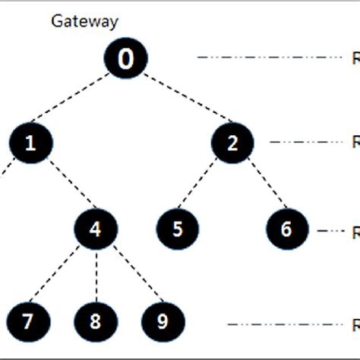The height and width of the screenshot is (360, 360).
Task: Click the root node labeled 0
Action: (126, 59)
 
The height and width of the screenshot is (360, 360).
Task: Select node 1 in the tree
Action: (30, 143)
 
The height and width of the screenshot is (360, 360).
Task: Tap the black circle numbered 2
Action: (232, 143)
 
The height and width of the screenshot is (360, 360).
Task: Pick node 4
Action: (96, 229)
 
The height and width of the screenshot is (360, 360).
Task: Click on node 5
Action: (177, 229)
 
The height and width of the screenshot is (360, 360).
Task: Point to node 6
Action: (286, 229)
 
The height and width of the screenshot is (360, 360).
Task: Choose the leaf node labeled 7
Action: (27, 321)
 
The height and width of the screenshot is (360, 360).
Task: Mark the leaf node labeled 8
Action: (95, 321)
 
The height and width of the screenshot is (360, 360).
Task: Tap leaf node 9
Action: (162, 321)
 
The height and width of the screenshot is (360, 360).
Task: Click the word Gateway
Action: (84, 21)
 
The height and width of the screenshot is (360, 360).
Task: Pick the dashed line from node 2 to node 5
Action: (204, 186)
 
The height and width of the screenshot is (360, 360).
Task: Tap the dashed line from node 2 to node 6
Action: (259, 186)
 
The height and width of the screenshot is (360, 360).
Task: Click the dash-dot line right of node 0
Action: (270, 57)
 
